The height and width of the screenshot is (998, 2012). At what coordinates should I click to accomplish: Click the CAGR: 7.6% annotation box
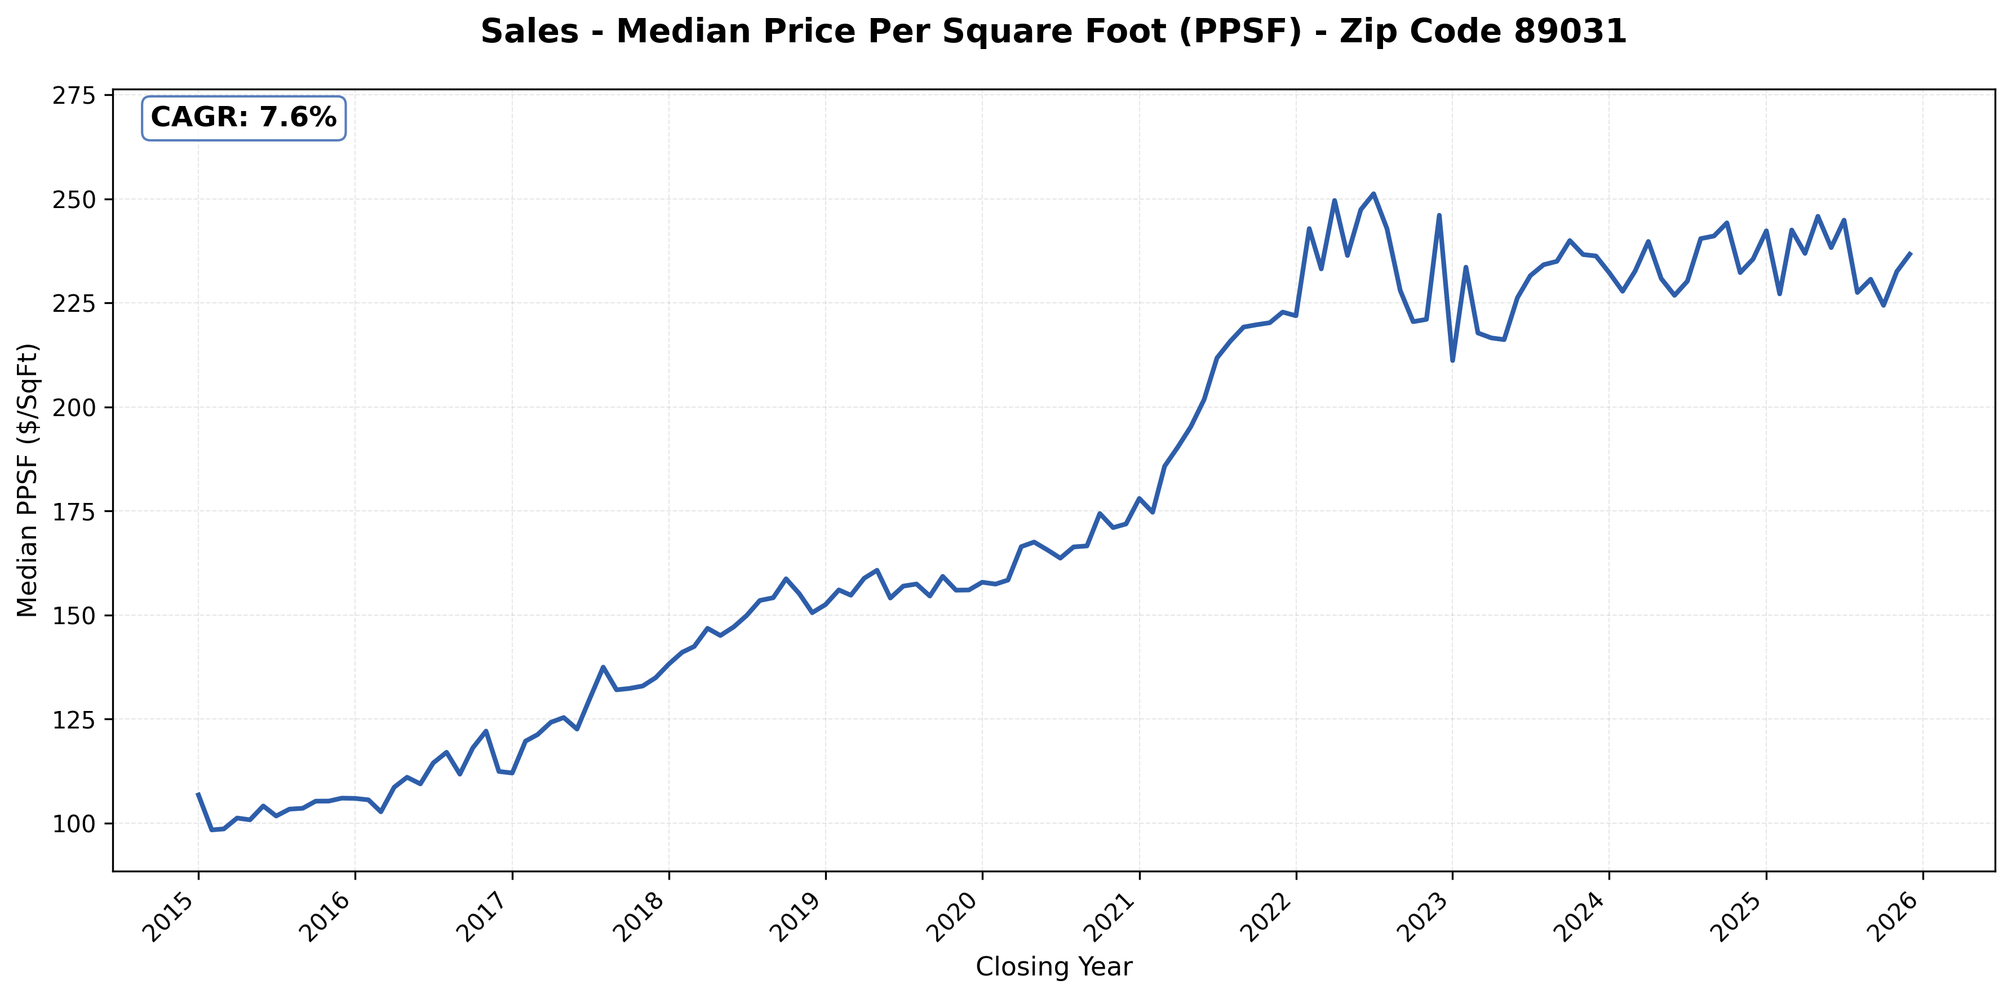click(x=243, y=118)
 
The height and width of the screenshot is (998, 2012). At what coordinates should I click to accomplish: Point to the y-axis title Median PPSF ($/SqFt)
click(x=28, y=480)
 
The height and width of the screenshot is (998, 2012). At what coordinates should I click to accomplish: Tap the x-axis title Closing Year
click(x=1053, y=967)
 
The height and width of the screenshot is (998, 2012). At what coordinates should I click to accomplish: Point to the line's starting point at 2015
click(x=198, y=794)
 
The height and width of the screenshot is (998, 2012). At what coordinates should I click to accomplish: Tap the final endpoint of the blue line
click(x=1911, y=253)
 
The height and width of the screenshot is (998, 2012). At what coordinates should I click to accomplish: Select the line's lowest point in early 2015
click(x=211, y=830)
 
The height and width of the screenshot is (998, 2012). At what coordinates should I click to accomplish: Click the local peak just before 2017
click(x=486, y=731)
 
